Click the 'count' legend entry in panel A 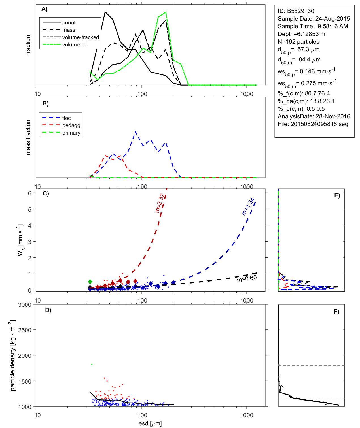pos(69,23)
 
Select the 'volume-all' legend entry pos(74,45)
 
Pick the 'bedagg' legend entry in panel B pos(71,125)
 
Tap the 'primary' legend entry pos(71,133)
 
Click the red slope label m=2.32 pos(160,203)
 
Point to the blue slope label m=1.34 pos(248,206)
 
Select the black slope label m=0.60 pos(247,278)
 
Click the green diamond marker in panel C pos(90,282)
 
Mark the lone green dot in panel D pos(92,364)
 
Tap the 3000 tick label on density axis pos(25,305)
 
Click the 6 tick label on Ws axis pos(29,193)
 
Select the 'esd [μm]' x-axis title pos(150,423)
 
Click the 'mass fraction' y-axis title pos(28,137)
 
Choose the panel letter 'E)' pos(337,195)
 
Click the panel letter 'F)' pos(336,312)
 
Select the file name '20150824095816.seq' pos(319,124)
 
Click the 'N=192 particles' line pos(298,42)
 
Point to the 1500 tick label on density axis pos(25,381)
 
